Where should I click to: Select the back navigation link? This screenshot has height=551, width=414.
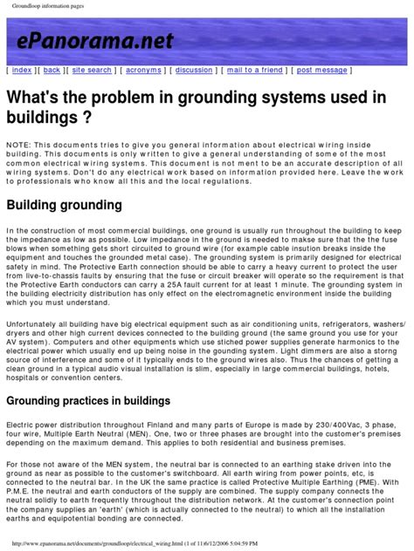tap(52, 69)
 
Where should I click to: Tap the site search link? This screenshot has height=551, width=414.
tap(92, 69)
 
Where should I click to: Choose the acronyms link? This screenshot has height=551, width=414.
tap(142, 69)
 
